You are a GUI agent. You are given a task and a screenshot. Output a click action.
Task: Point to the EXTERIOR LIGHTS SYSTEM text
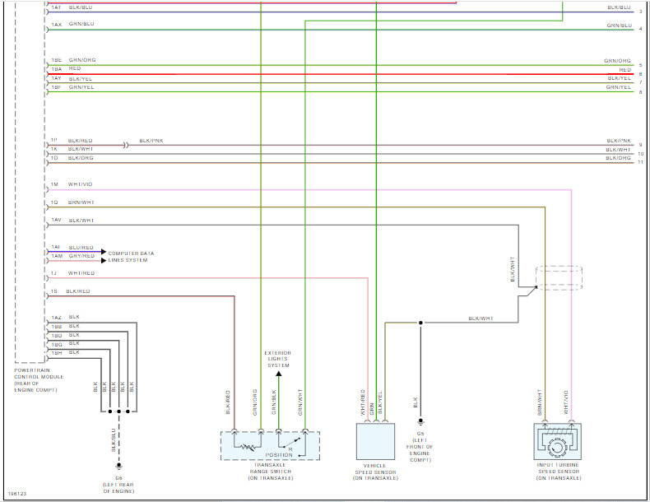[x=278, y=360]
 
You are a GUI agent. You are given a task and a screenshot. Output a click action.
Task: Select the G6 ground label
[x=118, y=477]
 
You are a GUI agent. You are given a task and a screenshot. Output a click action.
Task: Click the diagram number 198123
[x=16, y=494]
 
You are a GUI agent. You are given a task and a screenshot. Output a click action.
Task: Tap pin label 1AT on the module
[x=55, y=7]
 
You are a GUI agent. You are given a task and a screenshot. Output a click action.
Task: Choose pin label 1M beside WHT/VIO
[x=53, y=184]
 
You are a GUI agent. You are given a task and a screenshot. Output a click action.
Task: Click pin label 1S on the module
[x=53, y=291]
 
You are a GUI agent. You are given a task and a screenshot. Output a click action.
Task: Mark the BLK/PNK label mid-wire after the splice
[x=151, y=141]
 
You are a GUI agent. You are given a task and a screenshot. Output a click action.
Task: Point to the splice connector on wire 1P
[x=125, y=145]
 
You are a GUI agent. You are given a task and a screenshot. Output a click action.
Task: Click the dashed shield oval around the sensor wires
[x=559, y=277]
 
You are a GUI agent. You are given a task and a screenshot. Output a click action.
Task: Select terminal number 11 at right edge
[x=640, y=162]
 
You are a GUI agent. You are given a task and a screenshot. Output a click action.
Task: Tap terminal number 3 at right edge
[x=640, y=12]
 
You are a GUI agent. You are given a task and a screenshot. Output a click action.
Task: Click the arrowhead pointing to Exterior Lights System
[x=278, y=375]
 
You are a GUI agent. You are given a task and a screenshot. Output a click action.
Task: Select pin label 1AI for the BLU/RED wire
[x=55, y=247]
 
